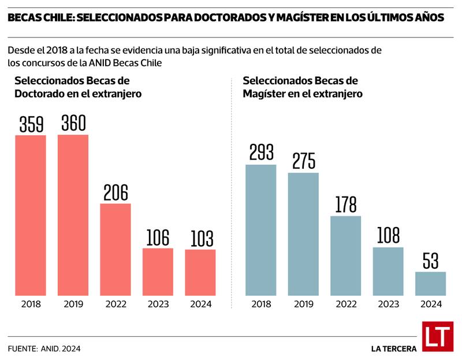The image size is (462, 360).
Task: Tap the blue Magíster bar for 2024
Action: coord(431,284)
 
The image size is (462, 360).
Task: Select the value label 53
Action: coord(431,261)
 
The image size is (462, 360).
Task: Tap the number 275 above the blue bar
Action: coord(303,161)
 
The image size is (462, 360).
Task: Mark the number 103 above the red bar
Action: coord(200,239)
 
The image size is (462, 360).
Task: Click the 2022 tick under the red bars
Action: coord(115,304)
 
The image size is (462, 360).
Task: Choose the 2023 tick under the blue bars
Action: coord(388,304)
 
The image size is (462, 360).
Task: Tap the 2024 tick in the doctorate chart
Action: coord(200,304)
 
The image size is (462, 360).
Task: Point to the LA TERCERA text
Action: coord(394,348)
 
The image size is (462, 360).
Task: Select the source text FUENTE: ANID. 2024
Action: coord(44,348)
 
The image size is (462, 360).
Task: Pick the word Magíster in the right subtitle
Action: coord(264,94)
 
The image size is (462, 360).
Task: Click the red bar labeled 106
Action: coord(158,272)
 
